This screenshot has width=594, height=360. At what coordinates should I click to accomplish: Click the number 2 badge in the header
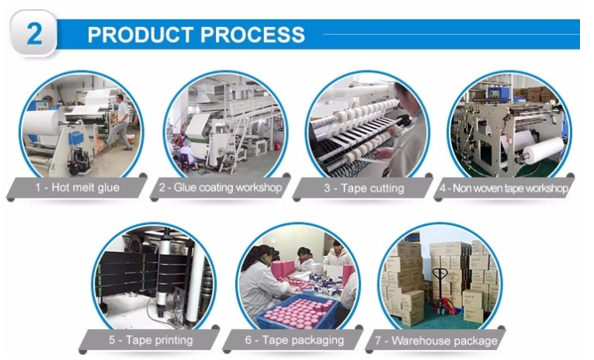point(33,35)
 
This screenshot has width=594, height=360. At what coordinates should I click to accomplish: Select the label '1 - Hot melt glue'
point(77,188)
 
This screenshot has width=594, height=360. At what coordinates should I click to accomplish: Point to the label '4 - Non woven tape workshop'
point(503,188)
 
